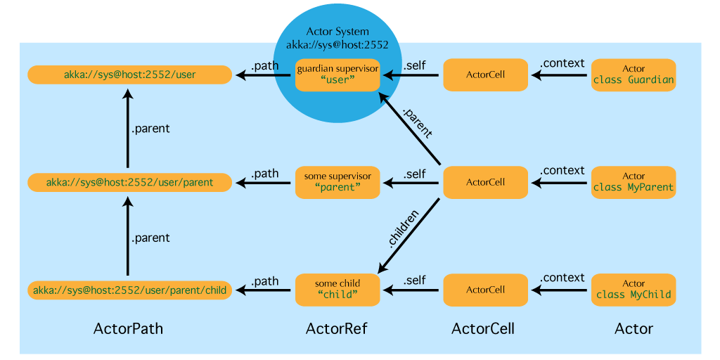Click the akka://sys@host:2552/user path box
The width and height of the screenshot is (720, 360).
tap(129, 75)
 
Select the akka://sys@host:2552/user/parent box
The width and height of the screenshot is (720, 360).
tap(129, 183)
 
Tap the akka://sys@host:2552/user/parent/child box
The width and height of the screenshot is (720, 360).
tap(129, 290)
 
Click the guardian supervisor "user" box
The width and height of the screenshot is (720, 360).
tap(337, 75)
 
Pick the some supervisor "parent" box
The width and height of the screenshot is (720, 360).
tap(337, 182)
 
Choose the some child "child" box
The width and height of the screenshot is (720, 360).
tap(337, 290)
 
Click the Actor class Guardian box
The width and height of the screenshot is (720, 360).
tap(634, 75)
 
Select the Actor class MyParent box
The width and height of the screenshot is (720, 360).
tap(634, 182)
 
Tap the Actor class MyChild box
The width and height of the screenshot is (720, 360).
tap(634, 290)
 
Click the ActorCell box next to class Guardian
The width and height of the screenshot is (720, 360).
tap(485, 75)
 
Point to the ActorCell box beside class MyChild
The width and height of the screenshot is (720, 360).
tap(485, 290)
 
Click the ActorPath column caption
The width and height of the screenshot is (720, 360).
tap(128, 328)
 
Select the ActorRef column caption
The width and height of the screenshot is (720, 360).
tap(337, 328)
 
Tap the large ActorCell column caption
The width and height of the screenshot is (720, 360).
tap(483, 328)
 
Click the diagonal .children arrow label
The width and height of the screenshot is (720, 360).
tap(404, 229)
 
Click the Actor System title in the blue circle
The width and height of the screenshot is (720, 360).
tap(337, 32)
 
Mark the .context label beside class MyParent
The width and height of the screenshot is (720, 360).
tap(562, 170)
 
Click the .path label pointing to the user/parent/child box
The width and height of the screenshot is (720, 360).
tap(265, 281)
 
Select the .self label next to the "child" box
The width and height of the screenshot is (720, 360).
tap(414, 280)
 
